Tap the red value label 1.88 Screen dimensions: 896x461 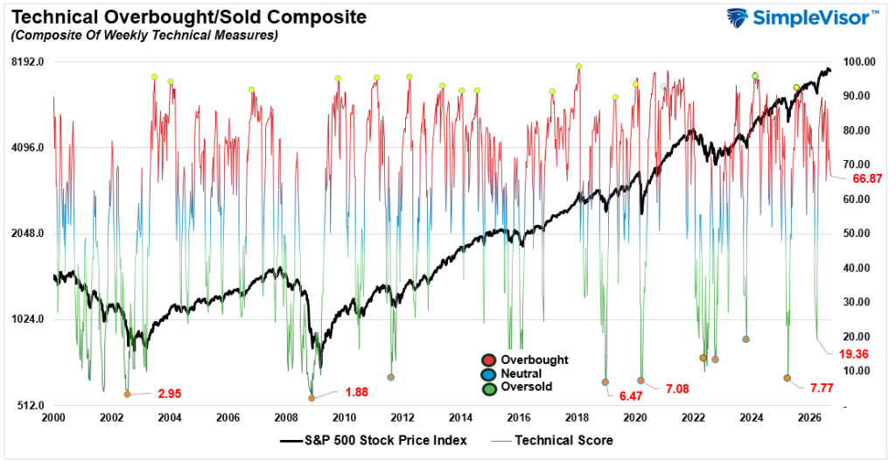click(x=357, y=392)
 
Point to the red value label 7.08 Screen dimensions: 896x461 click(x=677, y=389)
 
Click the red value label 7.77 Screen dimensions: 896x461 click(x=822, y=388)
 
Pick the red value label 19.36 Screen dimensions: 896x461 click(x=854, y=354)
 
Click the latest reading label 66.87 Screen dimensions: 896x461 click(x=867, y=178)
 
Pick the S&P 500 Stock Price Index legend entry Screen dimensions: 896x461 click(x=374, y=440)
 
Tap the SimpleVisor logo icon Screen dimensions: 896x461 click(x=737, y=17)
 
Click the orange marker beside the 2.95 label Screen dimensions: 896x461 click(x=128, y=395)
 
